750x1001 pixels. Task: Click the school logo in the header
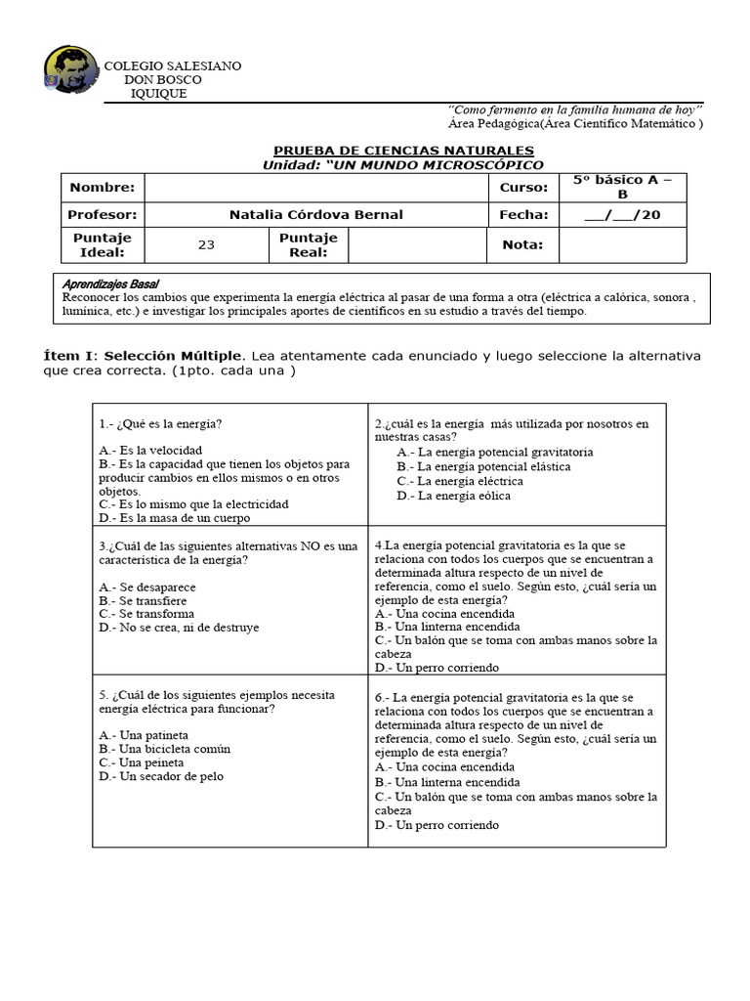[70, 70]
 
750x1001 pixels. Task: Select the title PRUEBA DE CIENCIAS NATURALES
[403, 150]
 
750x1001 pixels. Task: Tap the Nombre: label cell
[102, 188]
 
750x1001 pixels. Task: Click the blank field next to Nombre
[315, 188]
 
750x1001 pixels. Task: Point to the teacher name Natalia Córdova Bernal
[315, 215]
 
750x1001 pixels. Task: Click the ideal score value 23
[206, 245]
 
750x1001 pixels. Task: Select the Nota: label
[522, 245]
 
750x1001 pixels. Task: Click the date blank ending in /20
[622, 215]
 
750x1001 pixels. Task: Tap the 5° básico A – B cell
[622, 187]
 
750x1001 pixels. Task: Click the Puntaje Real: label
[308, 245]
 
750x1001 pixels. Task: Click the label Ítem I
[71, 355]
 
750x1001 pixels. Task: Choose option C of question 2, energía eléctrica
[459, 481]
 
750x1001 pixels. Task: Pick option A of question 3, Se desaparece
[147, 587]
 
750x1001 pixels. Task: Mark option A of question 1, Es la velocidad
[150, 450]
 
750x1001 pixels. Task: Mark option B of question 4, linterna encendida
[446, 627]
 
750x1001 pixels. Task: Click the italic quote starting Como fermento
[576, 109]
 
